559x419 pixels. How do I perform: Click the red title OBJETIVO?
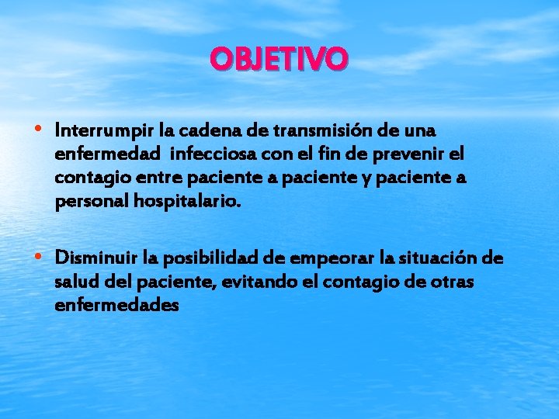279,59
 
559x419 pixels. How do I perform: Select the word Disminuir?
92,257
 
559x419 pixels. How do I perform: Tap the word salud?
74,282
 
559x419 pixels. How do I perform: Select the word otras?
451,282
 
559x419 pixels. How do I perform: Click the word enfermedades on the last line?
117,306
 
